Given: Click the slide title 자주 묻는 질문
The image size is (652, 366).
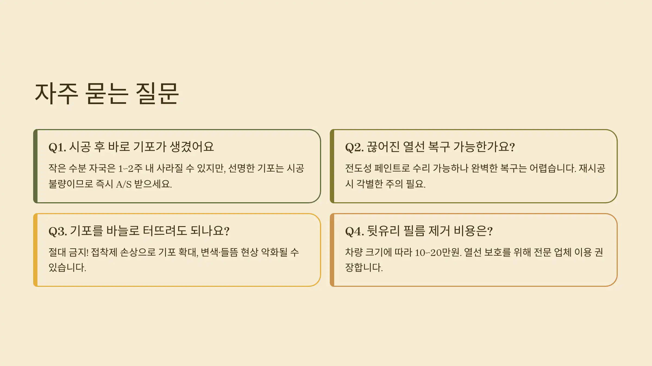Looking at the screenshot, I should [x=107, y=94].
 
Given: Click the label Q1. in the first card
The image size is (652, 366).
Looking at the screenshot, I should [x=57, y=147].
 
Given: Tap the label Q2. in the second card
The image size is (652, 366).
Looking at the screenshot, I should [x=354, y=147].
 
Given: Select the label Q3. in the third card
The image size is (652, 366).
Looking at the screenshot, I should [x=58, y=231].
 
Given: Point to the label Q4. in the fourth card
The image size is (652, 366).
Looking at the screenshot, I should [x=354, y=231].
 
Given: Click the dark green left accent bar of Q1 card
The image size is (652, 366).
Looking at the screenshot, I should [x=35, y=166].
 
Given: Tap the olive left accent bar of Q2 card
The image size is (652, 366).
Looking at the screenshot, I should [x=332, y=166].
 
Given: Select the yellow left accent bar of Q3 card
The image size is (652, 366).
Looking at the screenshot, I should [x=35, y=250].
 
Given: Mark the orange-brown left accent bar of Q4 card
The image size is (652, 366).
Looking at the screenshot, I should [x=332, y=250].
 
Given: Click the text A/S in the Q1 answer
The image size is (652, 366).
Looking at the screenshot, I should [x=124, y=184].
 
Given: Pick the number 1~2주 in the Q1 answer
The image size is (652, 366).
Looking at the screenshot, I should [x=130, y=169].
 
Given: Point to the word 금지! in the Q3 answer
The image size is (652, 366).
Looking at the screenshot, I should [x=79, y=253].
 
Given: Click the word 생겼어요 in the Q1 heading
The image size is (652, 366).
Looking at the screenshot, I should [x=192, y=147].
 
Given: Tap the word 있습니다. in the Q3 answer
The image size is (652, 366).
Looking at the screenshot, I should [x=67, y=268].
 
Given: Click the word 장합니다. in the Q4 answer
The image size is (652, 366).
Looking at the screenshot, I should [x=364, y=268].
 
